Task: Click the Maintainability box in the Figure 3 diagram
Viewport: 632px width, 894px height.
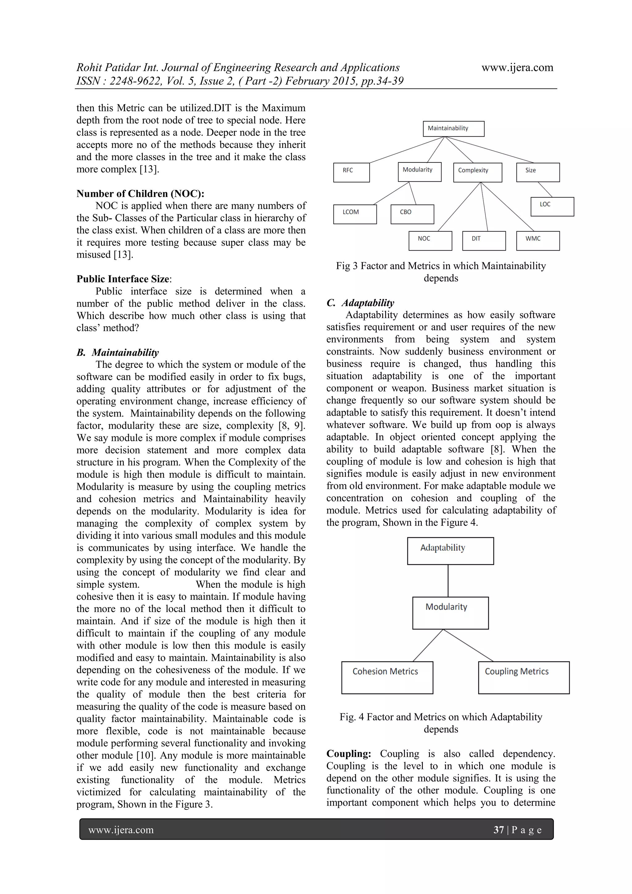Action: (453, 128)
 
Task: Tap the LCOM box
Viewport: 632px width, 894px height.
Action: (355, 214)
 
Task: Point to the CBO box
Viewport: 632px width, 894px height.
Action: (412, 214)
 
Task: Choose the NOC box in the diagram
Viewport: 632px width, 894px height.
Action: (430, 241)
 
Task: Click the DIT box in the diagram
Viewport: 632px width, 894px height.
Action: (484, 241)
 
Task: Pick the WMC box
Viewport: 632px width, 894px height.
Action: (538, 241)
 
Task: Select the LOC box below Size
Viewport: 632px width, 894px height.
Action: (552, 206)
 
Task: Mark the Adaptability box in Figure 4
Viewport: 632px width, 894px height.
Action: (450, 551)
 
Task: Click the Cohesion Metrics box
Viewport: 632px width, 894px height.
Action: (387, 677)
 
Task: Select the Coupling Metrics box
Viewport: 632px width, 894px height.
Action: (523, 677)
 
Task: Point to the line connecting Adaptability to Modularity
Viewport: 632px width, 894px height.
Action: (448, 581)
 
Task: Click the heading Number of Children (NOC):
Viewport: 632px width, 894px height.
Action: (140, 194)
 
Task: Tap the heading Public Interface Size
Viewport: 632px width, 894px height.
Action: (123, 279)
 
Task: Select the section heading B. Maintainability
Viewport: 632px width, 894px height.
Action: (118, 352)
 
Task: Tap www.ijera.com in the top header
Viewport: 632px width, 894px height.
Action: (517, 67)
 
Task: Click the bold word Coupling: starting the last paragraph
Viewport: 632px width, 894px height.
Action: (349, 753)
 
